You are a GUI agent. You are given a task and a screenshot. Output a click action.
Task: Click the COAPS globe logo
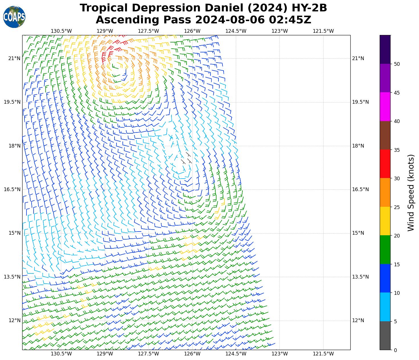(14, 17)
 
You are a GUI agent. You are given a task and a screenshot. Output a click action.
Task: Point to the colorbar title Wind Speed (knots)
(410, 193)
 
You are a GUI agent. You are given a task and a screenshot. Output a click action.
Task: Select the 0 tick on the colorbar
(395, 350)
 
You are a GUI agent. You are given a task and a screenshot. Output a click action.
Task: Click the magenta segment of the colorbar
(385, 107)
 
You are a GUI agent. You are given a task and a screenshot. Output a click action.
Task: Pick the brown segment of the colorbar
(385, 135)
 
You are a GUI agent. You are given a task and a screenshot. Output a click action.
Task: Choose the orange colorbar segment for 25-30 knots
(385, 193)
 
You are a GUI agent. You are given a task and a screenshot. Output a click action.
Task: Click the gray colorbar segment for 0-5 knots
(385, 336)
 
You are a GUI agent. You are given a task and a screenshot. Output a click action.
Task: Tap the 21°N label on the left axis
(14, 59)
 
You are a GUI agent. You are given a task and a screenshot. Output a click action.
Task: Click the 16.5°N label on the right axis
(360, 190)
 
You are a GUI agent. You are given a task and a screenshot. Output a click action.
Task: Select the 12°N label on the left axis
(14, 321)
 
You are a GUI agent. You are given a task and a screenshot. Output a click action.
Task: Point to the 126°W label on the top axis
(192, 31)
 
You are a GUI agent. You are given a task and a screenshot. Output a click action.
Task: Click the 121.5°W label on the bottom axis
(323, 354)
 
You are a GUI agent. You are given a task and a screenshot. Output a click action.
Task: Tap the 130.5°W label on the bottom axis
(61, 354)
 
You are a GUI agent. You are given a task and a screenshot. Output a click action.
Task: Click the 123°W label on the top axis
(279, 31)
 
